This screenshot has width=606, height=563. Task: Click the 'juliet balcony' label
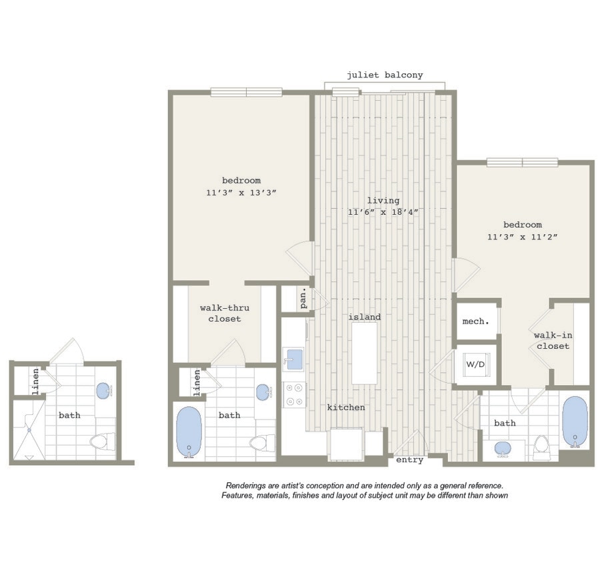click(384, 75)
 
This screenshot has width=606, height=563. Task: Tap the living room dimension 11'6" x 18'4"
click(383, 212)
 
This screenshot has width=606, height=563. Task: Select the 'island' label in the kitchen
click(365, 317)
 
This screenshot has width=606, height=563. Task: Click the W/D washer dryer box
click(476, 365)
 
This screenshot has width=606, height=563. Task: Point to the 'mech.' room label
click(476, 321)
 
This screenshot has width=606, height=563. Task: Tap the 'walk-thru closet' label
click(224, 314)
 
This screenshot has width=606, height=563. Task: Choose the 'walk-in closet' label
click(553, 341)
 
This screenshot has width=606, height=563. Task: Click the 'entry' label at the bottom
click(409, 460)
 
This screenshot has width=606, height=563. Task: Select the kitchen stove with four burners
click(294, 394)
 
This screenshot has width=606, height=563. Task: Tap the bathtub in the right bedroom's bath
click(574, 421)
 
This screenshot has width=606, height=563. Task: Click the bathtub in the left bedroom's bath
click(189, 432)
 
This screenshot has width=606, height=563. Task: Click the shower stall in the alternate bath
click(29, 430)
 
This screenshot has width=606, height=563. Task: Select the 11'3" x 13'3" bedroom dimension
click(241, 192)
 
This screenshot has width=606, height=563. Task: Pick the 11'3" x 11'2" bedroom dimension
click(522, 237)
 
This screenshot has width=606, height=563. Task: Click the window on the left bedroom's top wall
click(246, 92)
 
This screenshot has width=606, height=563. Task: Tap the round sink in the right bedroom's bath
click(503, 448)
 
